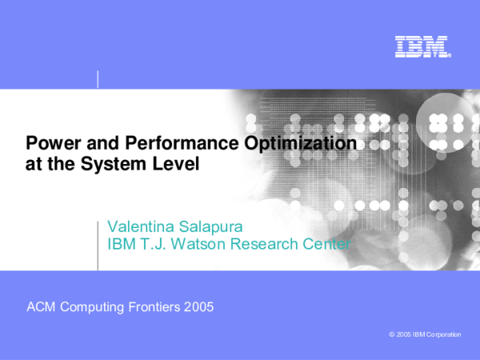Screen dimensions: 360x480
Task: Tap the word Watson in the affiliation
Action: tap(198, 244)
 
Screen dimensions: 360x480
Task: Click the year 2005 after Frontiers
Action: tap(198, 307)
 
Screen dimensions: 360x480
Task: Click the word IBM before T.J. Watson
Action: tap(120, 244)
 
